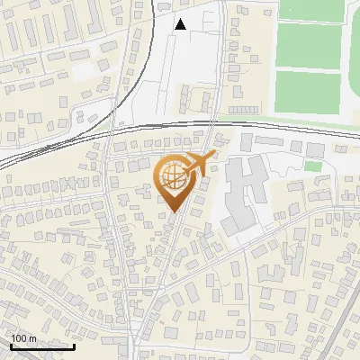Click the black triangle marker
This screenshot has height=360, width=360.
point(181,25)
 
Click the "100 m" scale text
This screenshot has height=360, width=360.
point(23,337)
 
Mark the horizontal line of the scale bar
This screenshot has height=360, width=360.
point(42,346)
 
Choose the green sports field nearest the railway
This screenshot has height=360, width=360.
point(308,94)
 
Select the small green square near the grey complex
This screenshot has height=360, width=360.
point(312,166)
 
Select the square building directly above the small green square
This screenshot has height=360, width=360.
point(314,149)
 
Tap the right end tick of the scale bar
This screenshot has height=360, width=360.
point(74,345)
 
